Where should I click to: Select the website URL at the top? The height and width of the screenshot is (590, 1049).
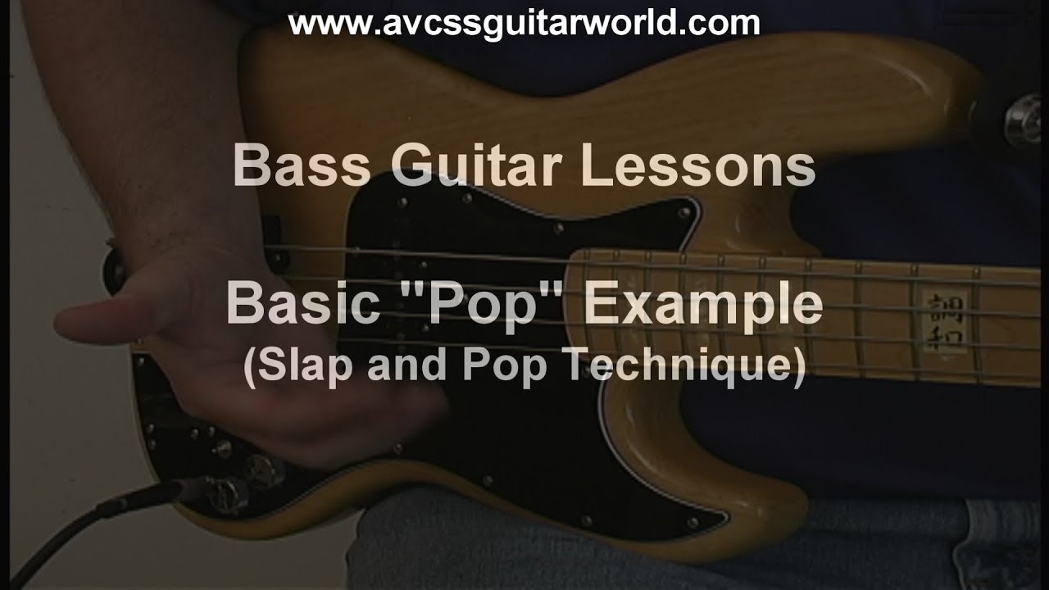[524, 24]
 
